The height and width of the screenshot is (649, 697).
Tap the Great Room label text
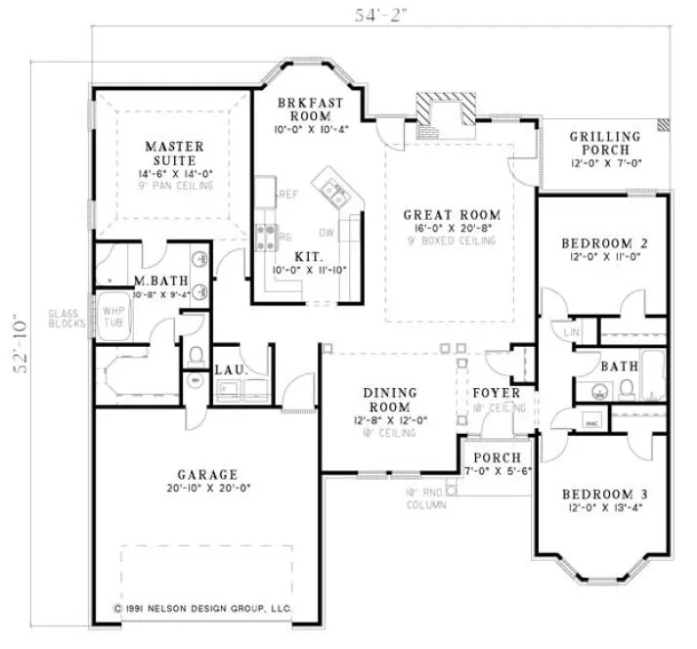tap(452, 215)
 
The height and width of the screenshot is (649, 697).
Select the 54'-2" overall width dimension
tap(381, 14)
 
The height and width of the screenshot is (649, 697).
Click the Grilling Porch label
tap(605, 143)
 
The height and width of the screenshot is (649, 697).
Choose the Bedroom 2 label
tap(605, 242)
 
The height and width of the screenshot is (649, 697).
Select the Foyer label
tap(497, 393)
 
